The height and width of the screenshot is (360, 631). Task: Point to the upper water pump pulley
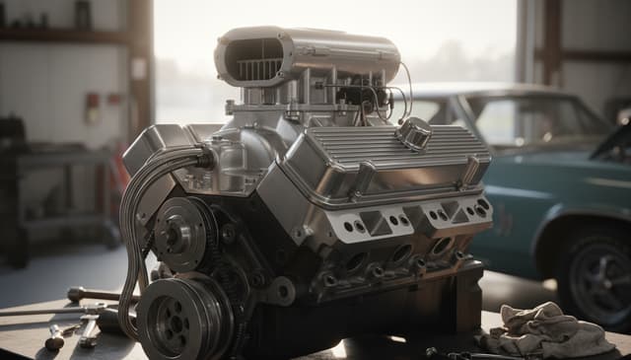[x=180, y=234]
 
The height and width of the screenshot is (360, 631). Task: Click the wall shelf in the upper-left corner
[x=59, y=34]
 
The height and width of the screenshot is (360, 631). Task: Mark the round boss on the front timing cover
[x=279, y=291]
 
